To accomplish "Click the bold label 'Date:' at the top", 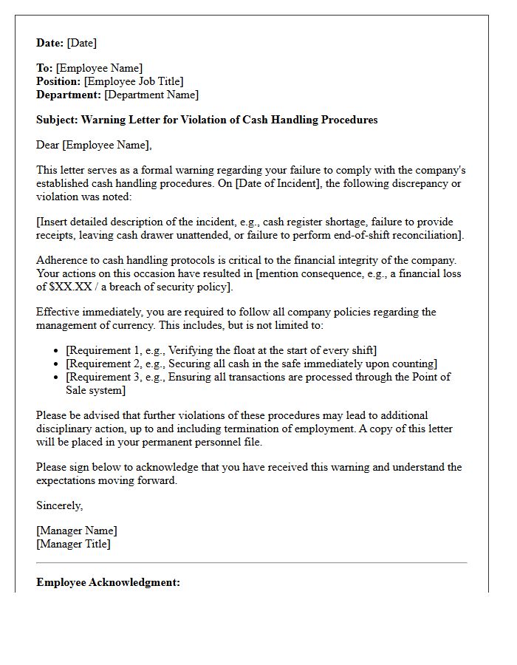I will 50,43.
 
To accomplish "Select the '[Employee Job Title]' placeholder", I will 134,81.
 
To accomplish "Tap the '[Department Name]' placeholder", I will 151,95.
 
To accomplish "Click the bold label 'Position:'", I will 59,81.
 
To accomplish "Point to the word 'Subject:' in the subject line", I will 57,120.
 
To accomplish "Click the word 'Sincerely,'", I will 60,505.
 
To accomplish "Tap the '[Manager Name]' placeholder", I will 77,531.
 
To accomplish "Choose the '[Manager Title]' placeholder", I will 73,544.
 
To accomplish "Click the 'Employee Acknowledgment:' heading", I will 108,582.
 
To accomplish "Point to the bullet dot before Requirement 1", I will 58,350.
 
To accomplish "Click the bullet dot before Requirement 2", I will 58,364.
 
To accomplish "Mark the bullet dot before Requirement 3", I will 58,377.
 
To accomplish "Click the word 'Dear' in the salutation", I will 48,145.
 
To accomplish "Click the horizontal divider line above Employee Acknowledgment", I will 252,563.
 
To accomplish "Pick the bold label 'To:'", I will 44,68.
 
